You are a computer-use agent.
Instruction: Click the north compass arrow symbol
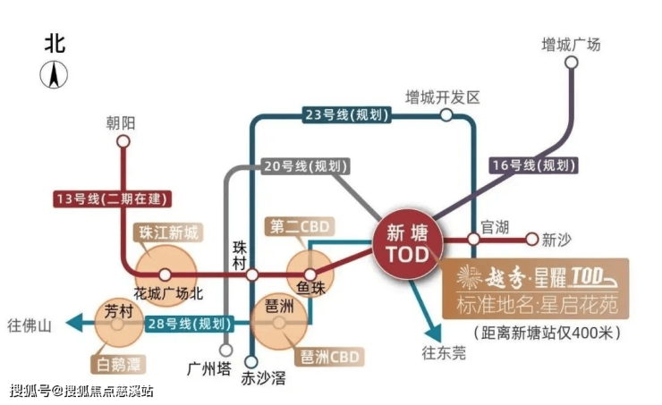pos(55,76)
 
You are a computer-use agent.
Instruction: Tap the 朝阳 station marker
pos(123,140)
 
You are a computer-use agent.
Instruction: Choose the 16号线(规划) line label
pos(534,165)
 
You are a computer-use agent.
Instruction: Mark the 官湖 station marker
pos(474,239)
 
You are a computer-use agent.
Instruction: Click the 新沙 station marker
pos(533,239)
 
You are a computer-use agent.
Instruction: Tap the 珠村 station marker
pos(252,274)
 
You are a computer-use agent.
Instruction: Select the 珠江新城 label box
pos(166,232)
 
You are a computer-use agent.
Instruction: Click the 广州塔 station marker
pos(225,350)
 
